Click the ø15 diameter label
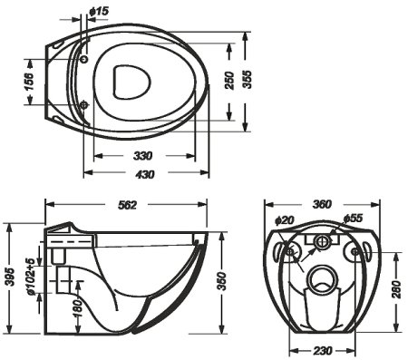click(x=99, y=12)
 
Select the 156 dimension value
click(x=29, y=82)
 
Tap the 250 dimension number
click(x=230, y=81)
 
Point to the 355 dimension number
click(x=248, y=80)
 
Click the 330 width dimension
click(x=143, y=156)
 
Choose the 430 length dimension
click(x=144, y=174)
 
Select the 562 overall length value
click(x=127, y=205)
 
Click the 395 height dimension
click(x=10, y=277)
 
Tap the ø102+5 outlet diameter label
click(x=31, y=277)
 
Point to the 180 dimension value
click(x=78, y=308)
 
